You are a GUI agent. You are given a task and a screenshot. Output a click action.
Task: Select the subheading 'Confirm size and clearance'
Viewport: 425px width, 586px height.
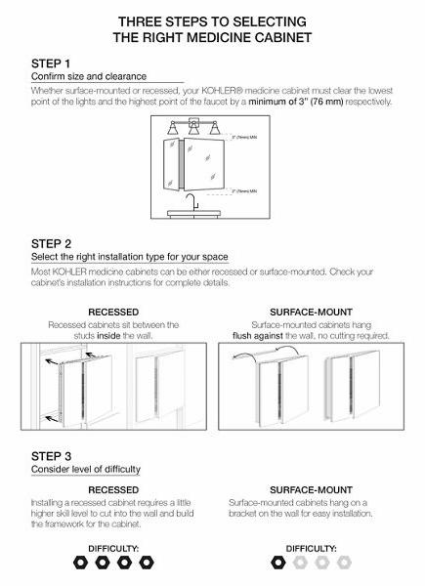pyautogui.click(x=89, y=76)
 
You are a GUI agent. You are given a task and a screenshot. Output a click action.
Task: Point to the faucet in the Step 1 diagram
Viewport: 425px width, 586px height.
pyautogui.click(x=194, y=202)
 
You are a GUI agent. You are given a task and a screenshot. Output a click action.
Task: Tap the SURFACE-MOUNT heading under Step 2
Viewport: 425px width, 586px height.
pyautogui.click(x=310, y=313)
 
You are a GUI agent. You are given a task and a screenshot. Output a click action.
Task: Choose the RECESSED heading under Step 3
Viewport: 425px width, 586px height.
pyautogui.click(x=113, y=489)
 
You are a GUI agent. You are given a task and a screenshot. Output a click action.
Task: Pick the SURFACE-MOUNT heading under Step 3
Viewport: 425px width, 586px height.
pyautogui.click(x=310, y=489)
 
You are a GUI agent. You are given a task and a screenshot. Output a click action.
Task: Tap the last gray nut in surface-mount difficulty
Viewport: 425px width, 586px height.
pyautogui.click(x=343, y=563)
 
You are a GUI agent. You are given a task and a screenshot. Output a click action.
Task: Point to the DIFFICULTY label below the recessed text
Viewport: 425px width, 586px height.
pyautogui.click(x=113, y=548)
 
